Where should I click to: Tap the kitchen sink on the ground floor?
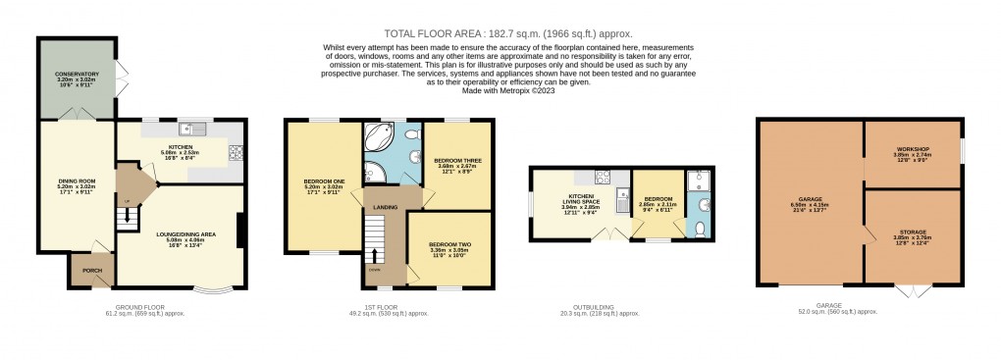pos(191,129)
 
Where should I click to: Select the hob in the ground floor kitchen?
pos(235,152)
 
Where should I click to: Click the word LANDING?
pos(384,206)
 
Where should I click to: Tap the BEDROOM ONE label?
pos(323,181)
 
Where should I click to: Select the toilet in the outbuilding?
pos(698,229)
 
